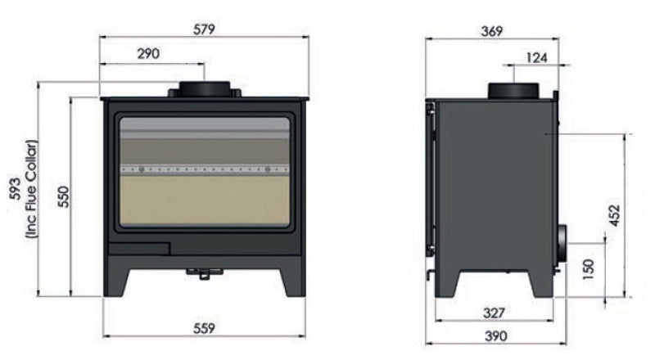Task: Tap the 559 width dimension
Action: [x=203, y=328]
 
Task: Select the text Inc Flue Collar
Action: [x=31, y=189]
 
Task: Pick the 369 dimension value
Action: [x=491, y=31]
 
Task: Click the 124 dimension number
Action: [x=536, y=57]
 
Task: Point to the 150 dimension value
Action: [x=587, y=268]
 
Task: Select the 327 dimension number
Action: [x=495, y=313]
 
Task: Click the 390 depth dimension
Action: [x=495, y=335]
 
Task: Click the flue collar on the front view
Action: [x=205, y=88]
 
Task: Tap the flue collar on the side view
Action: [x=513, y=90]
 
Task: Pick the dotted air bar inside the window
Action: [x=205, y=169]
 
